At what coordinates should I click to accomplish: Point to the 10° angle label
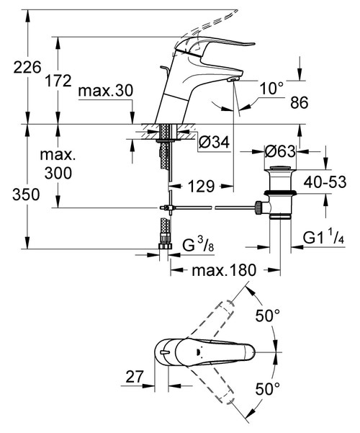[x=272, y=88]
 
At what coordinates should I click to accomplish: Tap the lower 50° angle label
[x=268, y=389]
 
